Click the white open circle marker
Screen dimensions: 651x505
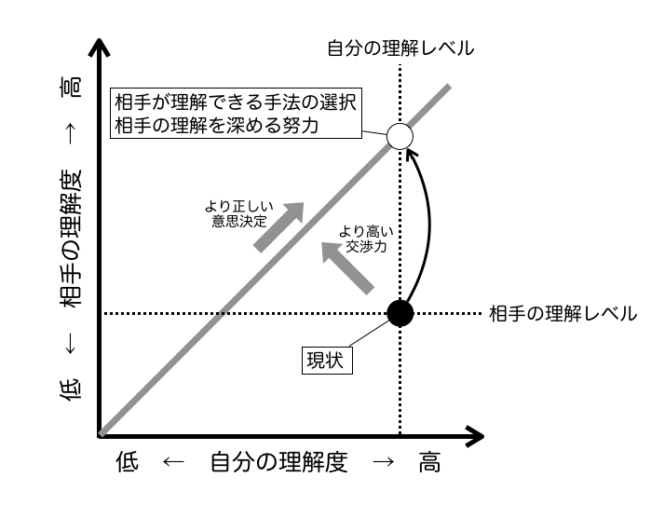pyautogui.click(x=399, y=137)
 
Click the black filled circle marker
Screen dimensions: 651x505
pyautogui.click(x=399, y=313)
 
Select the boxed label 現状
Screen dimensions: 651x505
pyautogui.click(x=326, y=360)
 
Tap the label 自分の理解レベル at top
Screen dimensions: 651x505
pyautogui.click(x=400, y=48)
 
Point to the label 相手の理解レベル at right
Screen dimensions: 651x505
pyautogui.click(x=563, y=314)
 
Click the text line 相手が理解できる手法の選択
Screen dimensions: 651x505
pyautogui.click(x=236, y=101)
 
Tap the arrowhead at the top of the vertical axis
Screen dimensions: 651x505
pyautogui.click(x=97, y=47)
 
